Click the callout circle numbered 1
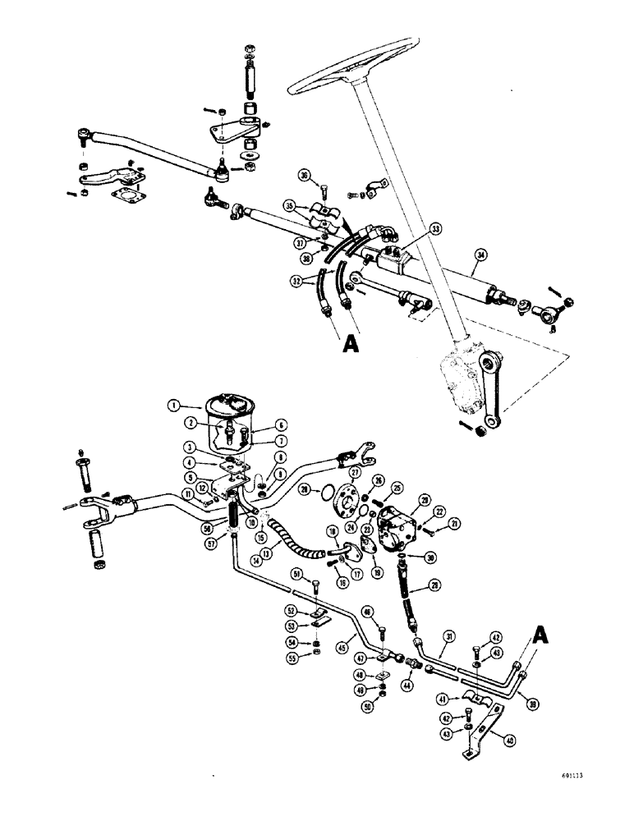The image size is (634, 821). tap(174, 404)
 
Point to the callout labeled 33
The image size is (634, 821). tap(435, 229)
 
